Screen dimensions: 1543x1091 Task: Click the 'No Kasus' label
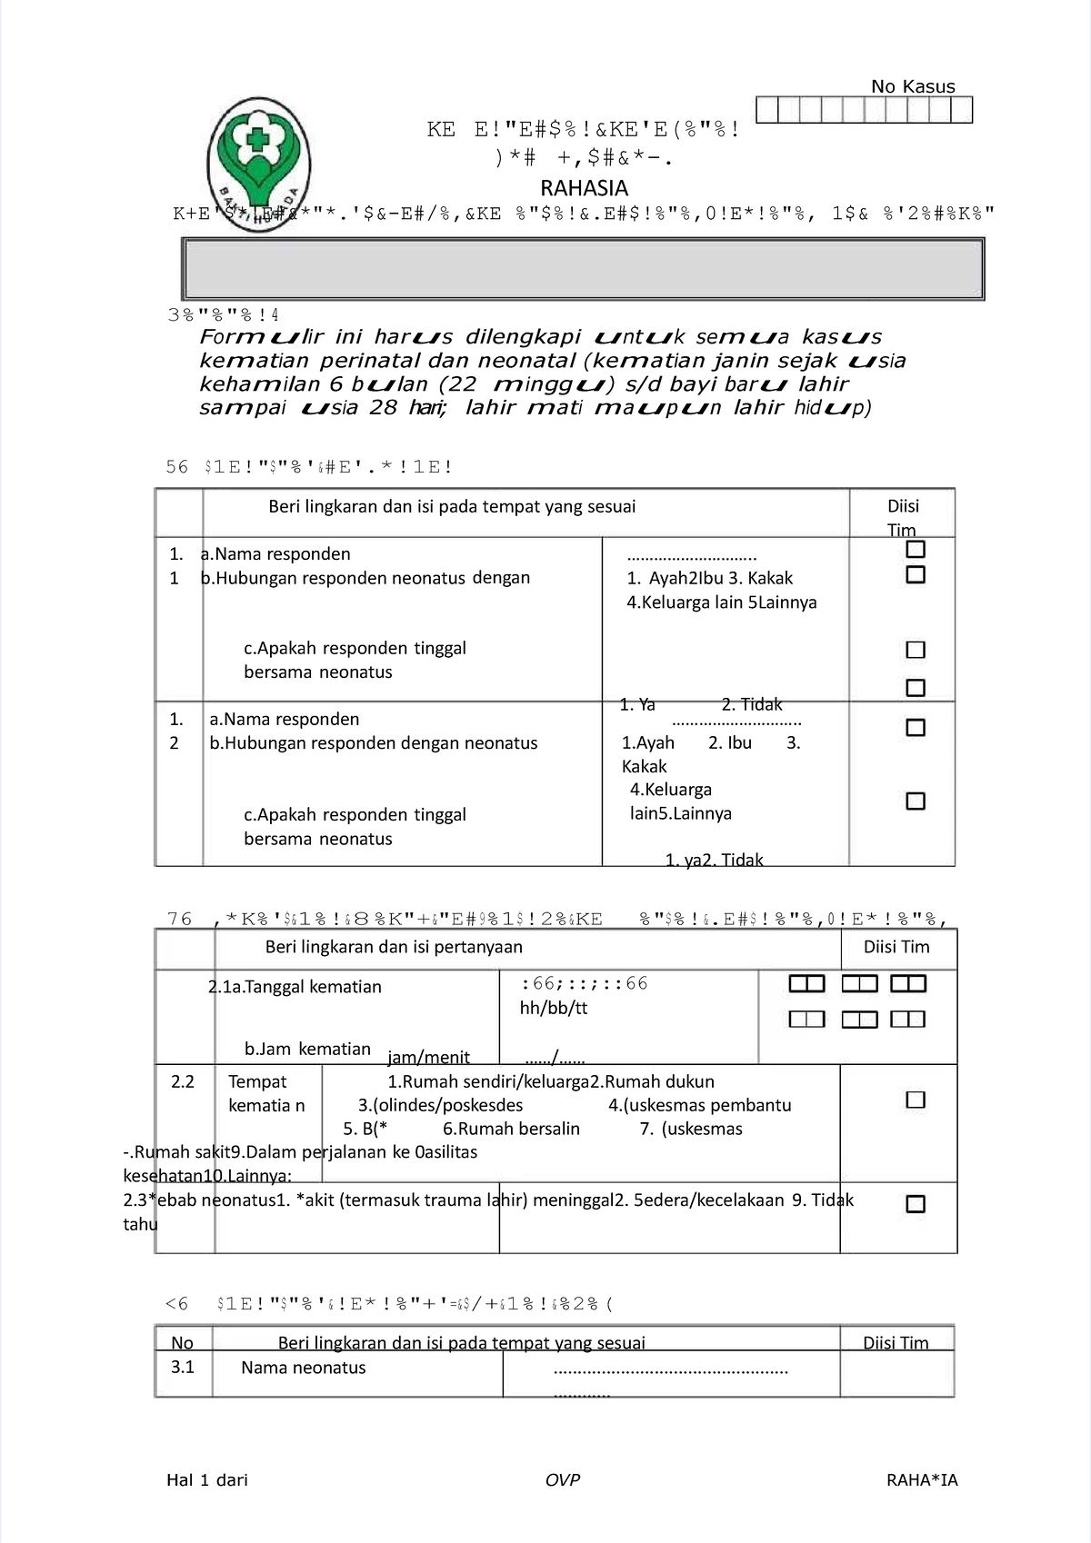pyautogui.click(x=913, y=86)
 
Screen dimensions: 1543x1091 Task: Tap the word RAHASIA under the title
pyautogui.click(x=584, y=188)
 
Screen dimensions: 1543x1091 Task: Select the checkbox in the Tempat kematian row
pyautogui.click(x=916, y=1100)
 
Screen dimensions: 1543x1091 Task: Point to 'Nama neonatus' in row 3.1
pyautogui.click(x=303, y=1368)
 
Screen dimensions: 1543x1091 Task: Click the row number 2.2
pyautogui.click(x=183, y=1081)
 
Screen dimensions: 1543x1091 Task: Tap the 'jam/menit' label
pyautogui.click(x=428, y=1057)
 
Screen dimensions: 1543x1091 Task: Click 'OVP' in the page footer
pyautogui.click(x=562, y=1479)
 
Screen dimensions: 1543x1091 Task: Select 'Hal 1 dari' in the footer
pyautogui.click(x=207, y=1479)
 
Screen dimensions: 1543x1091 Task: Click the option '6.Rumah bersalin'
pyautogui.click(x=511, y=1129)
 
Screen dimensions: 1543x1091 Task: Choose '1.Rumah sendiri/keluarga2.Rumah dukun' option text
pyautogui.click(x=550, y=1081)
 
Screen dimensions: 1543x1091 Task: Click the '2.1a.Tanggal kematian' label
pyautogui.click(x=295, y=987)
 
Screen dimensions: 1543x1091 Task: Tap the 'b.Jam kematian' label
pyautogui.click(x=307, y=1049)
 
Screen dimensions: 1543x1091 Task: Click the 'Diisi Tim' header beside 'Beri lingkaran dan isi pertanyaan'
pyautogui.click(x=896, y=947)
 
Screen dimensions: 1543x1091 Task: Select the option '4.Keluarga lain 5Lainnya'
pyautogui.click(x=721, y=602)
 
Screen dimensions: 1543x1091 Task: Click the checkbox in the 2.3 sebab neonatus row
pyautogui.click(x=916, y=1204)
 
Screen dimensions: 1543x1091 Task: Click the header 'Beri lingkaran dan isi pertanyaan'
pyautogui.click(x=394, y=947)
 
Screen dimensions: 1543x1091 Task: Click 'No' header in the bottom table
pyautogui.click(x=182, y=1342)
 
